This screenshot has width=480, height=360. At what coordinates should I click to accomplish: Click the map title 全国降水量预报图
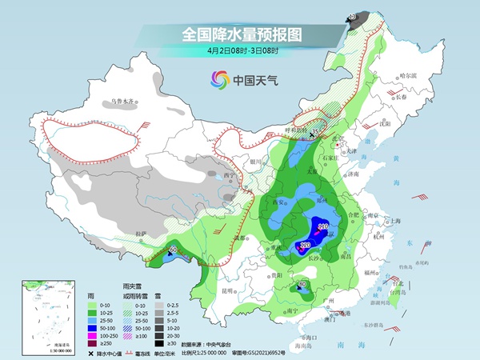point(239,34)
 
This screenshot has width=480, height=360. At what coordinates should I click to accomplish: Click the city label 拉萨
point(142,234)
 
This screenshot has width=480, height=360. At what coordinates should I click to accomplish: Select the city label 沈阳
point(386,126)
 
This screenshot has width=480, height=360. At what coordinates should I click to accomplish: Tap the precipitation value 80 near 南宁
point(302,285)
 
